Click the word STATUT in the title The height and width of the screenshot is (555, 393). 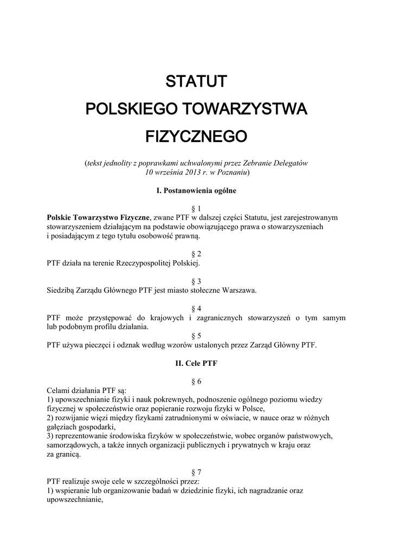[x=196, y=82]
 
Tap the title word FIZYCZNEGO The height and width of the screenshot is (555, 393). [x=196, y=135]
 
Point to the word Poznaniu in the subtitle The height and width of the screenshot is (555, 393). [x=231, y=172]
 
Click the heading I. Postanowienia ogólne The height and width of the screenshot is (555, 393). [x=196, y=191]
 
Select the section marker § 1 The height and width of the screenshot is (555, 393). [x=196, y=209]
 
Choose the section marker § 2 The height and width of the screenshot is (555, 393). [x=196, y=254]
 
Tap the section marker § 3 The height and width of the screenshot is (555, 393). [x=196, y=281]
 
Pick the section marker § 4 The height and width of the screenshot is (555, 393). [x=196, y=308]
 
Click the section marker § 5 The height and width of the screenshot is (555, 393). [x=196, y=335]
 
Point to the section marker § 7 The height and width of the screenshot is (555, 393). [x=196, y=472]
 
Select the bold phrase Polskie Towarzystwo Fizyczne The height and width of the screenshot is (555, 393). [x=98, y=217]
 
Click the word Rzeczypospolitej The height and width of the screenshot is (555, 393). [x=138, y=263]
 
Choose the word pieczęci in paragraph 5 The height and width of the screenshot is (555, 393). [x=99, y=345]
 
